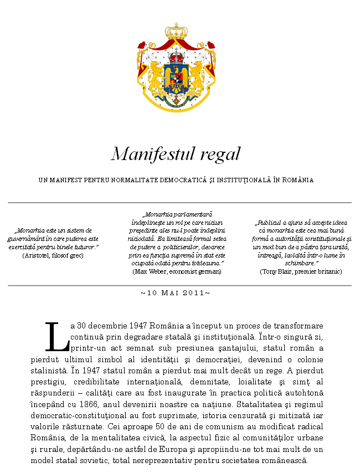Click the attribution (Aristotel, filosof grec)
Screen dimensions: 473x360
[53, 256]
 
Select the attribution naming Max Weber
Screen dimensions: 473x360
[177, 272]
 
